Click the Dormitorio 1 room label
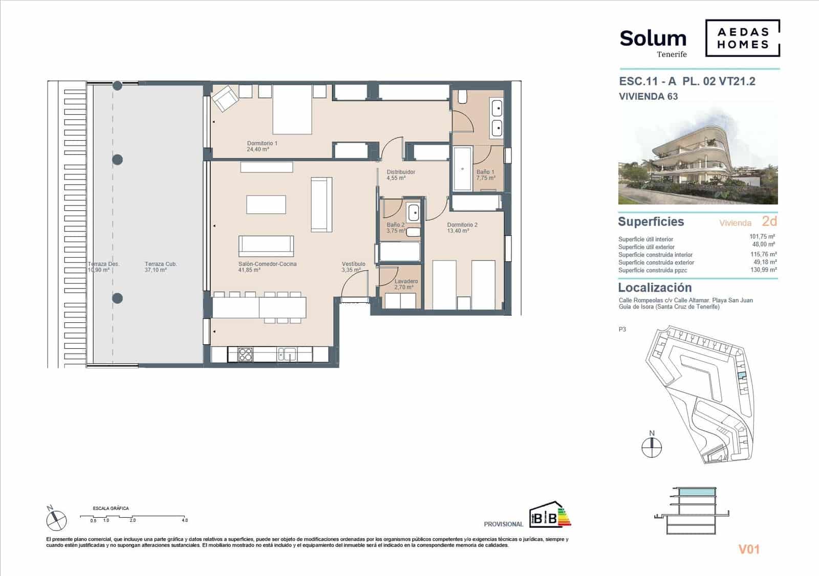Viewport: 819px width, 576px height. (262, 143)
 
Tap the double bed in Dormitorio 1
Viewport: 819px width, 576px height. (292, 109)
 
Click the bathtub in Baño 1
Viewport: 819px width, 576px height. (462, 169)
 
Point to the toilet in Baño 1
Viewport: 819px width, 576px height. (462, 96)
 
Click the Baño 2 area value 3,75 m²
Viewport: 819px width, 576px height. (396, 231)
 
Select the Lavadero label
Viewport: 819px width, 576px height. (406, 281)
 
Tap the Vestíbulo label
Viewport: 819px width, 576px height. (354, 264)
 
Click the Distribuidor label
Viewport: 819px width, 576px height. (401, 172)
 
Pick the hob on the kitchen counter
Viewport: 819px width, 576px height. (245, 354)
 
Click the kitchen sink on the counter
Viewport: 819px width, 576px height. (287, 354)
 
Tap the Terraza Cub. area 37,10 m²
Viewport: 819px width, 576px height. (156, 270)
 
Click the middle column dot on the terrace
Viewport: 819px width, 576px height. (118, 160)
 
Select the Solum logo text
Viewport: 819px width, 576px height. (653, 38)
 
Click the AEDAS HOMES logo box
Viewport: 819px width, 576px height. (743, 38)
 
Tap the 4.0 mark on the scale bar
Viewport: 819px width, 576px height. (184, 520)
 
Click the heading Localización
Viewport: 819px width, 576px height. (655, 287)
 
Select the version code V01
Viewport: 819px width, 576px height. (749, 549)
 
